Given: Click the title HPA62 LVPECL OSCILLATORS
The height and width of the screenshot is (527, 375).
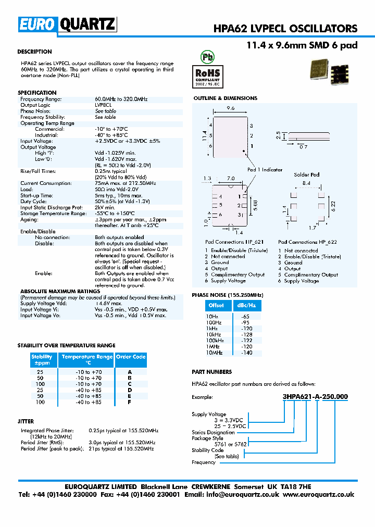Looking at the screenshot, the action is click(285, 29).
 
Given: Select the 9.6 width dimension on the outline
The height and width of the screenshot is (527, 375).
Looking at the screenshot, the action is click(231, 108).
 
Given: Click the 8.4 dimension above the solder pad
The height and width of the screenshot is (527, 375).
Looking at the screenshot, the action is click(306, 183).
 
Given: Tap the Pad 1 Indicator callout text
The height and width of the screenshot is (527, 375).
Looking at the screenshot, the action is click(265, 170).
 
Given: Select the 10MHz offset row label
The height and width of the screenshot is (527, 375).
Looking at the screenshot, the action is click(214, 353).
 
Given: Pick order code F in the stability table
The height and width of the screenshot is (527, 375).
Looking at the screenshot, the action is click(130, 403).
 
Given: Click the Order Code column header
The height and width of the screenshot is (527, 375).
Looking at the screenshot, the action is click(130, 357).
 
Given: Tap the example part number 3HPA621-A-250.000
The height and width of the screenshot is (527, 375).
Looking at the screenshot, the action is click(315, 397).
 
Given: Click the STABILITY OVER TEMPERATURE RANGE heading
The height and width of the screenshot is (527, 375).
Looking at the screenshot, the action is click(66, 346).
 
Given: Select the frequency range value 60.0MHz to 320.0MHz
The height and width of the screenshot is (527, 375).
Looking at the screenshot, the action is click(121, 99).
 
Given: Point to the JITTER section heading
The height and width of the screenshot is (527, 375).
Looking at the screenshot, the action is click(26, 421).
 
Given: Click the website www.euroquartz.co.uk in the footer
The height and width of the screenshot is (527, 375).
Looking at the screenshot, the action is click(319, 495).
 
